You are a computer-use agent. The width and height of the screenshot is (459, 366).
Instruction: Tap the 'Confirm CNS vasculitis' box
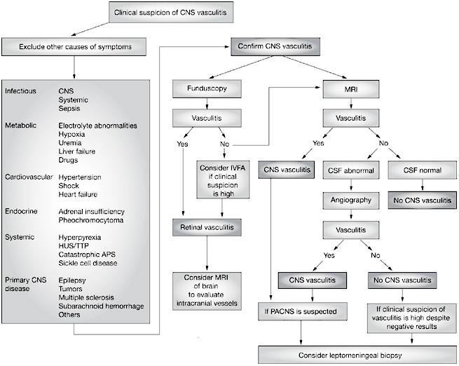[x=277, y=48]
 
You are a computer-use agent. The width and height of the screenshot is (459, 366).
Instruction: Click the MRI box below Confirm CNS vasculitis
[x=350, y=89]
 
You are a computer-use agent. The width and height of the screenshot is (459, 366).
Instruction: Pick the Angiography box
[x=350, y=199]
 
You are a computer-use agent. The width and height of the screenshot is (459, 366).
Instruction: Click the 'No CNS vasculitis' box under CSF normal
[x=418, y=199]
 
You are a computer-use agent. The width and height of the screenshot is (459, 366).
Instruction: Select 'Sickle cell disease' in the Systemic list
[x=88, y=263]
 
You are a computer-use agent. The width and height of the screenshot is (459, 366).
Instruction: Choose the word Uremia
[x=71, y=142]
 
